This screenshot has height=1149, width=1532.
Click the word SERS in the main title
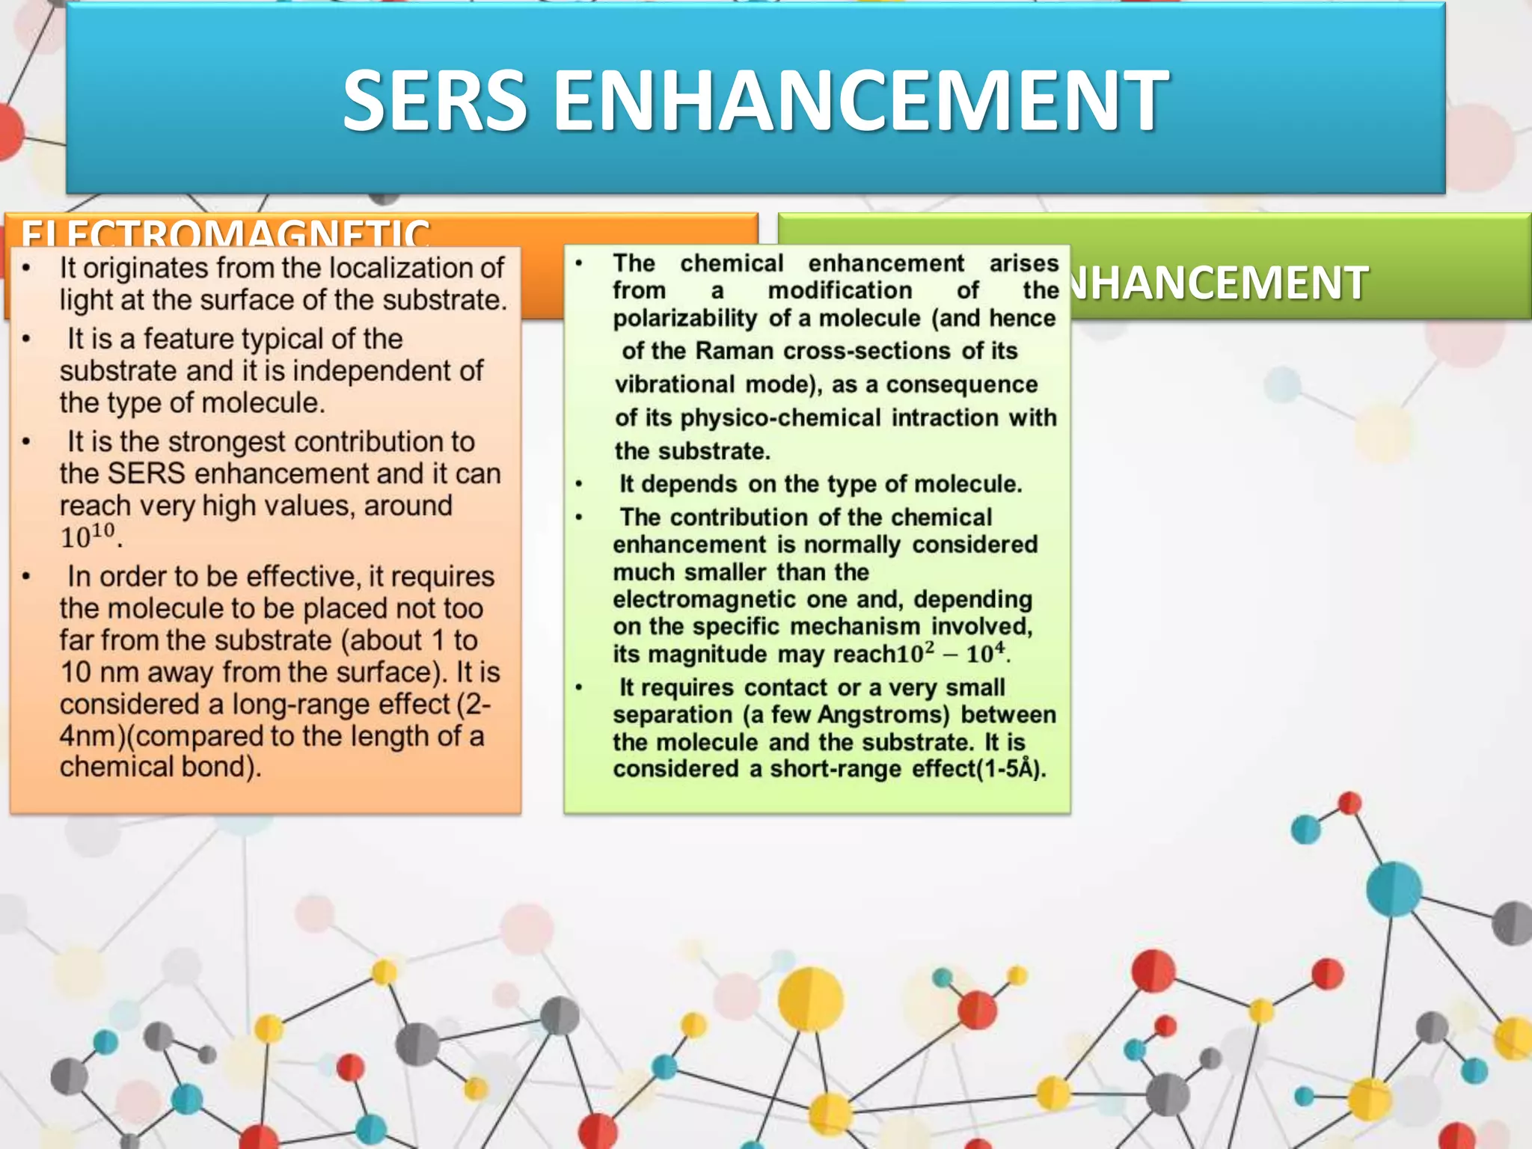point(435,100)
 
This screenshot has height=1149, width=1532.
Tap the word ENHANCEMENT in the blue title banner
point(860,100)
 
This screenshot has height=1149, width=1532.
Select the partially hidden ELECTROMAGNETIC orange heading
point(225,234)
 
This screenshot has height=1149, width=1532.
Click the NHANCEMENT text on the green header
point(1219,283)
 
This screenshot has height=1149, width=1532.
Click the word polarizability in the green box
point(684,318)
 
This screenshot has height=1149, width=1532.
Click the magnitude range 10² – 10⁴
point(952,653)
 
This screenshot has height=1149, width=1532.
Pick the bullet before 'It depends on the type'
point(579,485)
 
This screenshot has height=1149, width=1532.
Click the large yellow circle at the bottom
point(810,999)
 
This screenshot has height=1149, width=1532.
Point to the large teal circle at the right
point(1394,889)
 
